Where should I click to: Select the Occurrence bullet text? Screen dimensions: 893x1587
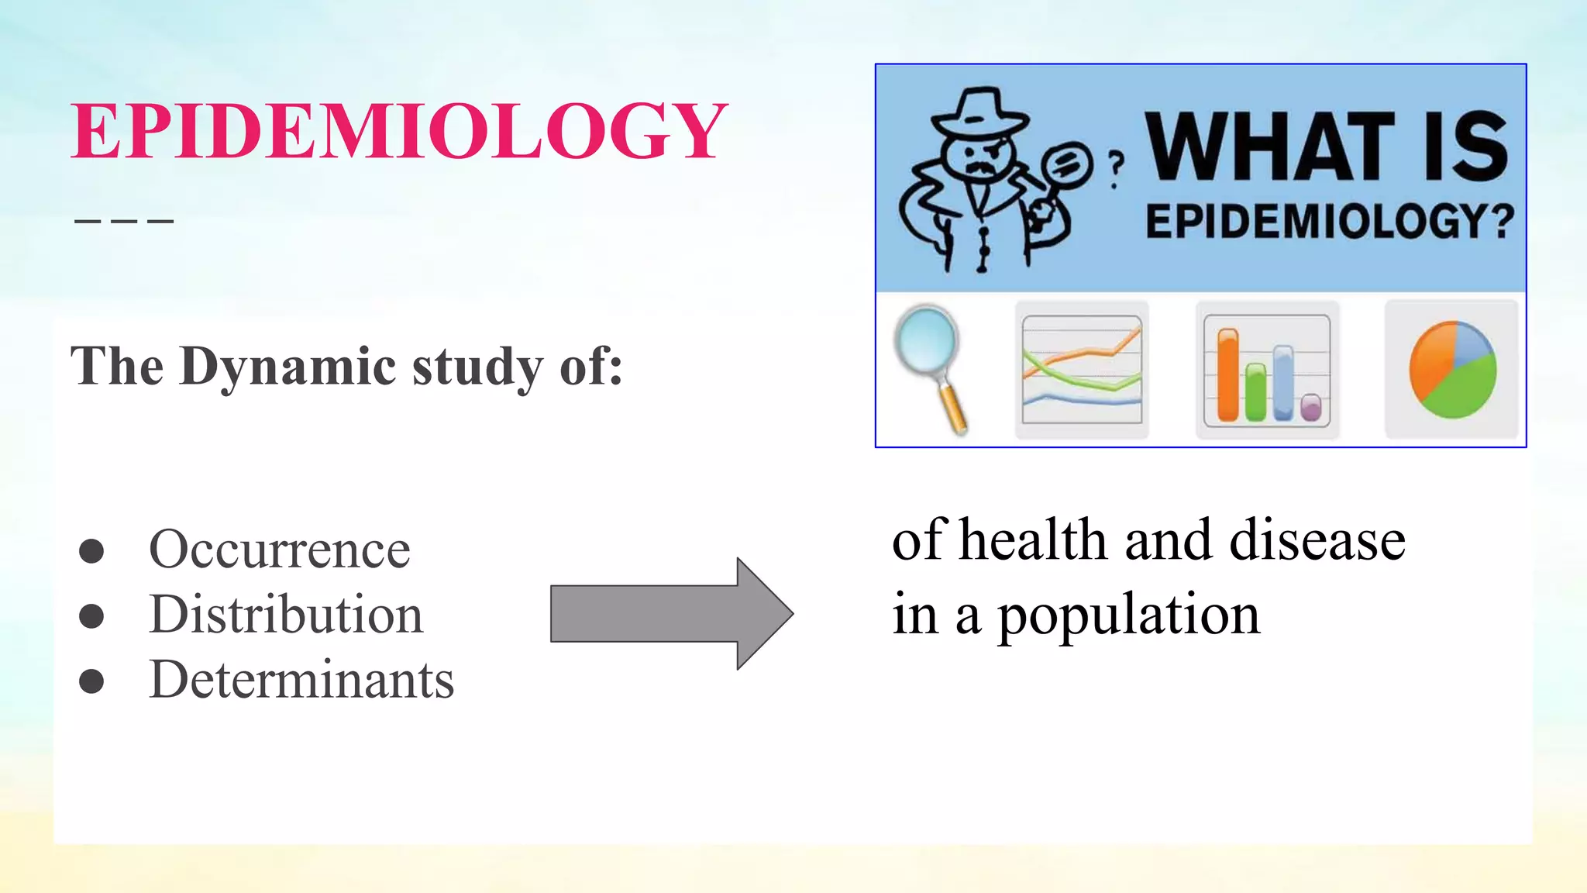[x=279, y=550]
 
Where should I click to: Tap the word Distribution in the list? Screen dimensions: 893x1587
[x=286, y=615]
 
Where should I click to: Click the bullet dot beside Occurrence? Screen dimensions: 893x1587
[x=91, y=551]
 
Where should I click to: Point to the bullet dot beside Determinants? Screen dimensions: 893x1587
[x=91, y=681]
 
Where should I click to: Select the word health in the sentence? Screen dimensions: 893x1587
[x=1033, y=540]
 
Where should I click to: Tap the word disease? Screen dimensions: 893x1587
[x=1317, y=540]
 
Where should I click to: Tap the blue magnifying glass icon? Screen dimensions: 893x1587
[x=929, y=364]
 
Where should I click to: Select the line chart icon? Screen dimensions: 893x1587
[x=1082, y=370]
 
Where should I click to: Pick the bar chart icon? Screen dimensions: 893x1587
[x=1267, y=370]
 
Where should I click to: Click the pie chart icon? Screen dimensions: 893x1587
[x=1451, y=370]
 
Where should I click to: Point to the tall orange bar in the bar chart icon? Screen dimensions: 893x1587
[x=1228, y=375]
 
